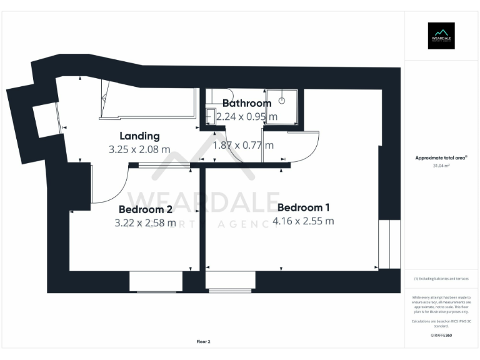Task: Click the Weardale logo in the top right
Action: pyautogui.click(x=441, y=36)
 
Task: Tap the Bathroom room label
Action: pyautogui.click(x=247, y=103)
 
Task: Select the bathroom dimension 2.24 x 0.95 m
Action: pyautogui.click(x=247, y=116)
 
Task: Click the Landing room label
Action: pyautogui.click(x=139, y=136)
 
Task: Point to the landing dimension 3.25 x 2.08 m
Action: pyautogui.click(x=139, y=149)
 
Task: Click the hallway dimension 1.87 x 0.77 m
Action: pyautogui.click(x=243, y=145)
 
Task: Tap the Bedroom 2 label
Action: pyautogui.click(x=145, y=209)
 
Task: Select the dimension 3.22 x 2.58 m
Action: pyautogui.click(x=145, y=222)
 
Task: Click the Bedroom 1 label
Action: pyautogui.click(x=303, y=207)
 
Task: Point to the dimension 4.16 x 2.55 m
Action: pyautogui.click(x=303, y=221)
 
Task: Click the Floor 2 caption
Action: pyautogui.click(x=203, y=342)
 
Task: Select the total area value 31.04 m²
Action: pyautogui.click(x=441, y=166)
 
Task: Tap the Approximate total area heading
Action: pyautogui.click(x=441, y=158)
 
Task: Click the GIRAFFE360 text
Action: pyautogui.click(x=441, y=336)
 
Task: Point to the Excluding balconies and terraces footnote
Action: pyautogui.click(x=441, y=279)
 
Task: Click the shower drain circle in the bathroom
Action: pyautogui.click(x=282, y=98)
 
